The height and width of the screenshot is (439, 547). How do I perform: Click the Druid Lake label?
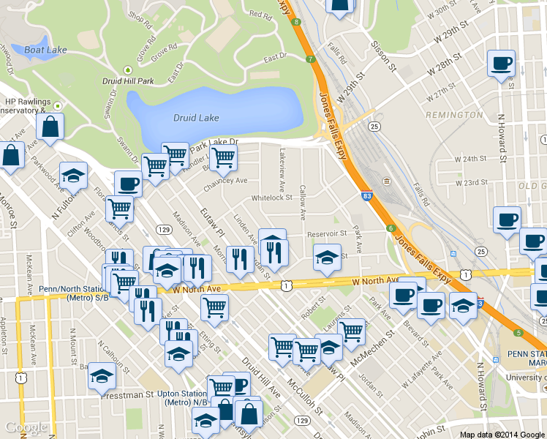coord(195,117)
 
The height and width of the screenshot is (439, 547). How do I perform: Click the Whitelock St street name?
coord(271,198)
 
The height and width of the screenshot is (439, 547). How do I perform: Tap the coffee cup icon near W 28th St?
coord(501,64)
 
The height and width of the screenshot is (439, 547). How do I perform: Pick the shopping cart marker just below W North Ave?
coord(214,307)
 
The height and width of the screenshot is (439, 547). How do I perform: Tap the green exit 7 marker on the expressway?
coord(311,59)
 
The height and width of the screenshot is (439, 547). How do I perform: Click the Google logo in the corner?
coord(26,427)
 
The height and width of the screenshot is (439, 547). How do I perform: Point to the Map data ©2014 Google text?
coord(502,434)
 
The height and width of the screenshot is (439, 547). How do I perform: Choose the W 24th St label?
coord(470,158)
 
